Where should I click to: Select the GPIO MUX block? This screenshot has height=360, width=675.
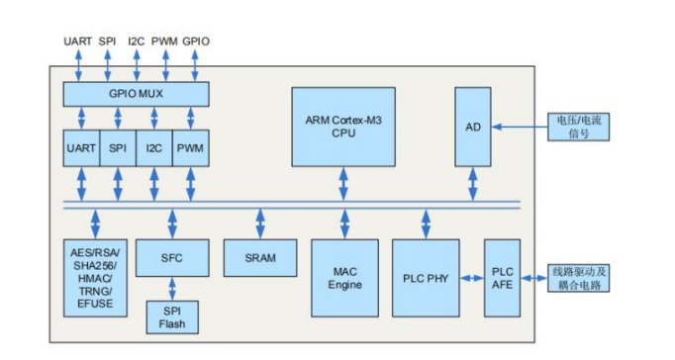(x=136, y=94)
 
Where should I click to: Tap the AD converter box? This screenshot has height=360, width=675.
(x=472, y=126)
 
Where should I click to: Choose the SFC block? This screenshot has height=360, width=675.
(x=171, y=257)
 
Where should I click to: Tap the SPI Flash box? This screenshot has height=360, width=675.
(x=171, y=316)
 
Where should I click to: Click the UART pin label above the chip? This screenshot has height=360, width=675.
(x=78, y=41)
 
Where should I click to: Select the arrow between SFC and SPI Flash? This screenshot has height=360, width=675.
(x=171, y=288)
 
